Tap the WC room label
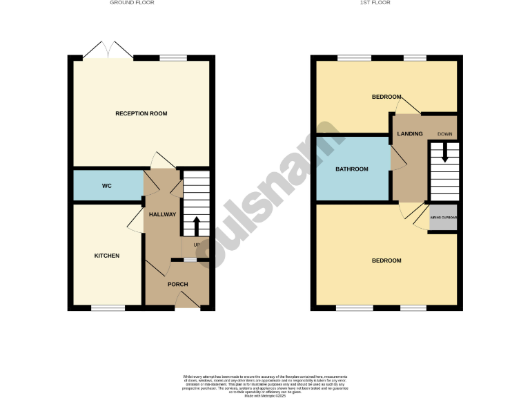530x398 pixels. coord(107,186)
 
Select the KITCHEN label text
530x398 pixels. coord(107,256)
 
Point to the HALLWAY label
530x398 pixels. coord(163,214)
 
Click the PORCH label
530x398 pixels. coord(178,284)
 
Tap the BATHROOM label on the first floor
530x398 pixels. coord(351,169)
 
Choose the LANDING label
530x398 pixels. coord(409,133)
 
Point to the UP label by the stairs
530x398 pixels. coord(196,245)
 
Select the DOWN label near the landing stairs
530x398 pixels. coord(444,133)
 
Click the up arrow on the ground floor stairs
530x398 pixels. coord(196,225)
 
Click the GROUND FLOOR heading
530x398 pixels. coord(132,3)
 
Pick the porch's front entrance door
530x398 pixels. coord(184,300)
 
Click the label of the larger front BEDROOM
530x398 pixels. coord(386,260)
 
